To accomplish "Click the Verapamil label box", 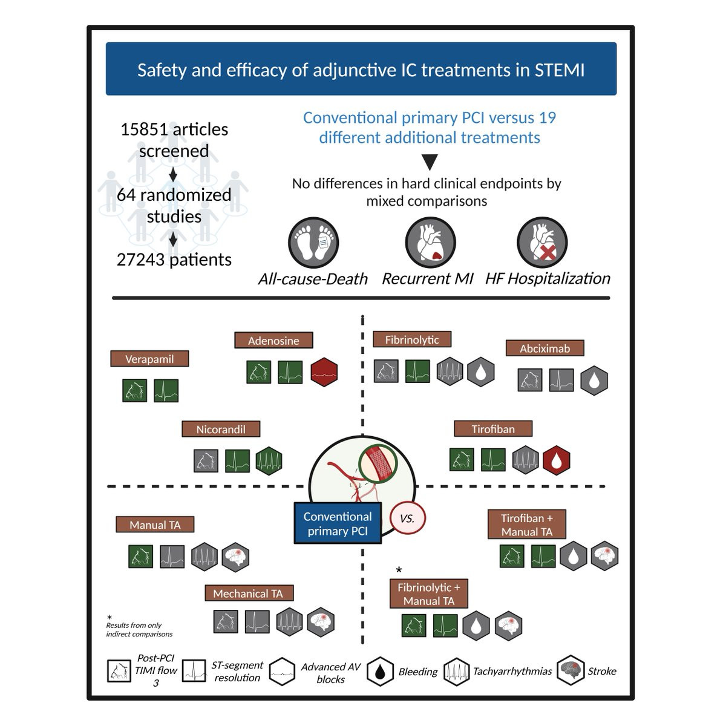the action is click(149, 359).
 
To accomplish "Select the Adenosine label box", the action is click(273, 340).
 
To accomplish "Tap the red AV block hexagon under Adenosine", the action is click(324, 372).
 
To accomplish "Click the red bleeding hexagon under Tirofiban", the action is click(557, 460).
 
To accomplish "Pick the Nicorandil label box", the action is click(221, 429).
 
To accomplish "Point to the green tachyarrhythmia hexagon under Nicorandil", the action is click(269, 460).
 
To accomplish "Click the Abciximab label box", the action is click(544, 348).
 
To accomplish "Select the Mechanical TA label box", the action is click(249, 594).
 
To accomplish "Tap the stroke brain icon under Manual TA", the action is click(235, 557).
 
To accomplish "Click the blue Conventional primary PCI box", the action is click(338, 523).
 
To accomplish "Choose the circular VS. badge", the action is click(407, 518).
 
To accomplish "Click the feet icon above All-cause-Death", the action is click(313, 242).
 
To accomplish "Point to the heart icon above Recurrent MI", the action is click(430, 242).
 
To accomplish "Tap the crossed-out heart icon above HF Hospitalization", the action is click(542, 242).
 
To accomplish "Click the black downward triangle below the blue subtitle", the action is click(430, 162).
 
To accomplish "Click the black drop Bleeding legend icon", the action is click(381, 671).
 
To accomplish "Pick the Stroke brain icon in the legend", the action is click(571, 670).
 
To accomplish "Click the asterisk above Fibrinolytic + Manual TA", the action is click(399, 570).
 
